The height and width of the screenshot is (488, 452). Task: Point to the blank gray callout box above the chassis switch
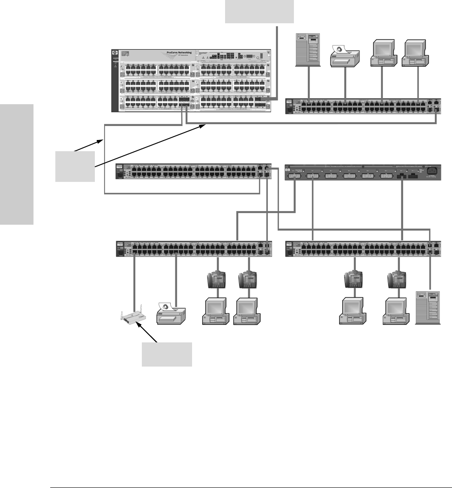point(259,11)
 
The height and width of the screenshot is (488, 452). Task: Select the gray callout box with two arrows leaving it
point(75,166)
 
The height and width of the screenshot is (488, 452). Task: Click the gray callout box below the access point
point(166,354)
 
